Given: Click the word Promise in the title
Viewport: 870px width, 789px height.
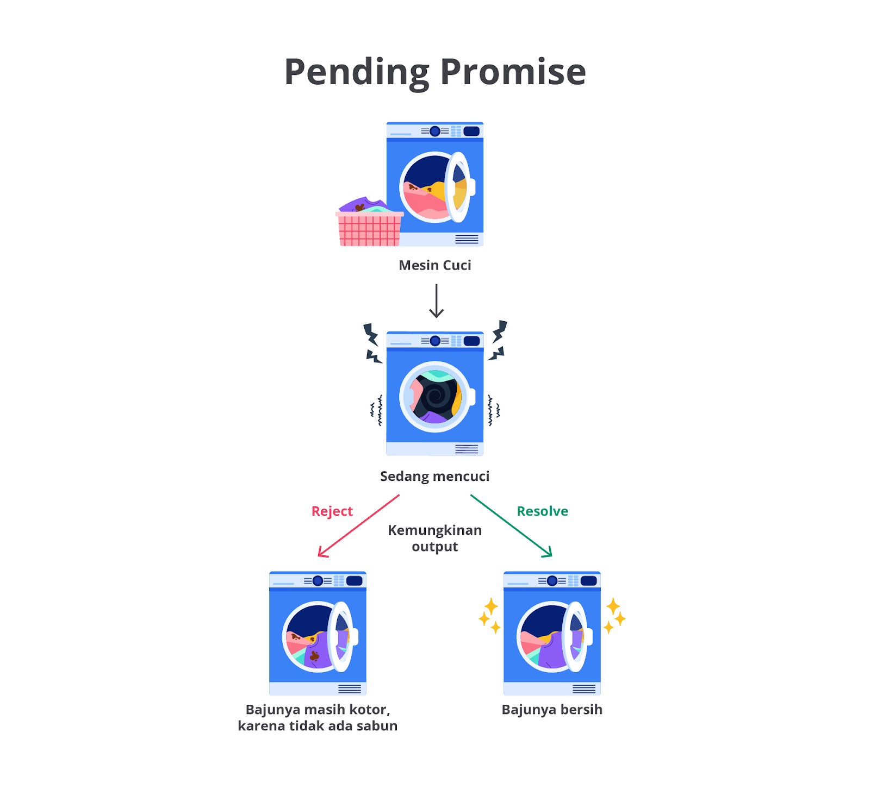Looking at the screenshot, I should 512,72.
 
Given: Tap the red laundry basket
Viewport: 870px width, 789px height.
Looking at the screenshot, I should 370,229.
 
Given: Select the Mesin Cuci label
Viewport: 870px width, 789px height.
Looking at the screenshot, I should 434,265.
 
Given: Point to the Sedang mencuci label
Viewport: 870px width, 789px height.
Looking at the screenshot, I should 434,477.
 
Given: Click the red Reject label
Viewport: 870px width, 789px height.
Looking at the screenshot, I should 332,511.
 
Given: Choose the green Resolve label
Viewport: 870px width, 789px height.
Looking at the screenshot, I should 542,511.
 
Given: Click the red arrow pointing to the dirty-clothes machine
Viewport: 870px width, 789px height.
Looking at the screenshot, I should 358,526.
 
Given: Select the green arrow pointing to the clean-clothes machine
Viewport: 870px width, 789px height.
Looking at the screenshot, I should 511,525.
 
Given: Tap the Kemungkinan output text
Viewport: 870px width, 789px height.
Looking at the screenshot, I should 434,538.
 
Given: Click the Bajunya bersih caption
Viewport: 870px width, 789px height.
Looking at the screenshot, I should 552,710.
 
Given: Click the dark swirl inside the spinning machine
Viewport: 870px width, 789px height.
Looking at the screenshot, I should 435,397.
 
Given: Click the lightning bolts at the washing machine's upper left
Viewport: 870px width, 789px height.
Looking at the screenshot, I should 372,343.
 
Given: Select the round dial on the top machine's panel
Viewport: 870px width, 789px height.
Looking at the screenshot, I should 435,131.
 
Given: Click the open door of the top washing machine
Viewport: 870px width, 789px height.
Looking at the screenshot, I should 458,187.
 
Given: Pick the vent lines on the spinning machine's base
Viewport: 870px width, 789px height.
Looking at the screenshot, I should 467,449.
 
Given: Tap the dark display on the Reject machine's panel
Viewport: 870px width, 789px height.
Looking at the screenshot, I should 354,581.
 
